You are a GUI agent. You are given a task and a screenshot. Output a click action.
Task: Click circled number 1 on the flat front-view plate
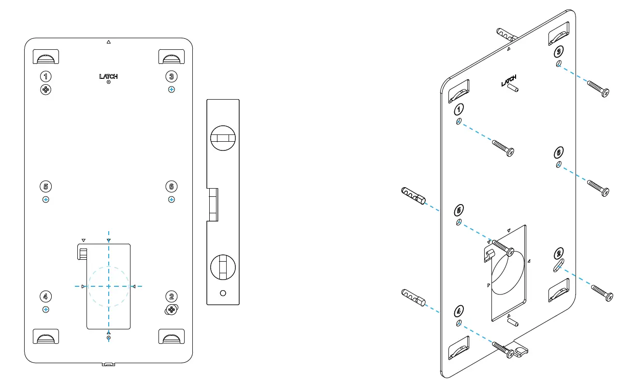45,76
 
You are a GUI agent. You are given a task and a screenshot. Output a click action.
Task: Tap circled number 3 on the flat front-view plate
171,76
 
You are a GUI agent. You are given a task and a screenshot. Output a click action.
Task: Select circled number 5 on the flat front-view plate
45,186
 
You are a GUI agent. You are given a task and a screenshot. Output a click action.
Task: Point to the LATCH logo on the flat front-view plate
108,76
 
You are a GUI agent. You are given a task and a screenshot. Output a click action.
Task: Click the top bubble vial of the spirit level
223,138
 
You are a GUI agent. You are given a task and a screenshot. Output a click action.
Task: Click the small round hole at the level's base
223,293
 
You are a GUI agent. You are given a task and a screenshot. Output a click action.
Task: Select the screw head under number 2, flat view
171,310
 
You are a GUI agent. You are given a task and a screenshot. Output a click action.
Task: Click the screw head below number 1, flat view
46,89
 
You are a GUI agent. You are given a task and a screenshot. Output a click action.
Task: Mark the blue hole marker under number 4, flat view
45,309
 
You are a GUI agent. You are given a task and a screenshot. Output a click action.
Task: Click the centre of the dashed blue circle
109,286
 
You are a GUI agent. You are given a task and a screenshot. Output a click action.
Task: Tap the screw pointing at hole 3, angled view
598,89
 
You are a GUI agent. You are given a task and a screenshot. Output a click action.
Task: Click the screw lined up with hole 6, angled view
598,188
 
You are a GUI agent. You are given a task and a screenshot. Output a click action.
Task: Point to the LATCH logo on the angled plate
508,81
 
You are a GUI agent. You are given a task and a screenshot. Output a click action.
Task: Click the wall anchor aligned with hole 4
413,297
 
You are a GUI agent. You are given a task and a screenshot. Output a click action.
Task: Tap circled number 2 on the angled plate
559,253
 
